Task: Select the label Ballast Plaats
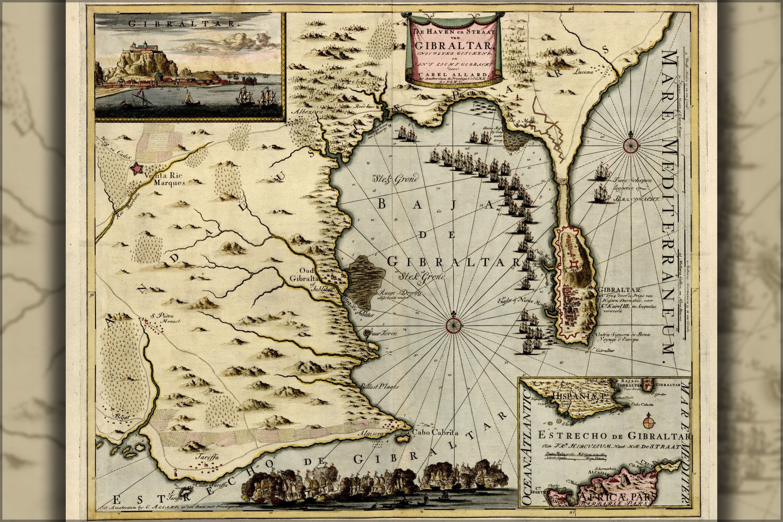tap(379, 387)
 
